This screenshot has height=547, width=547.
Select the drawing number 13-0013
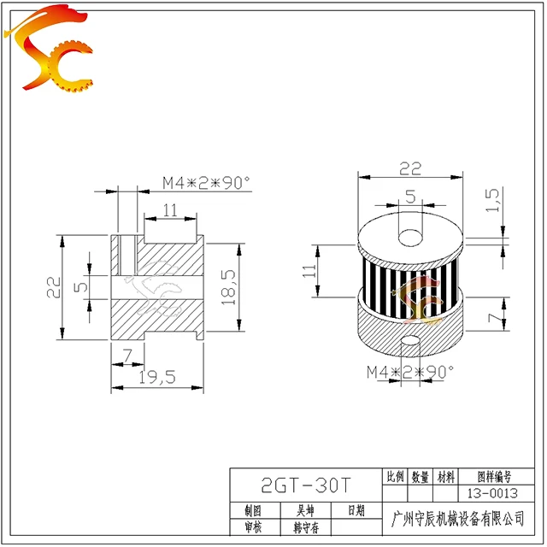[x=492, y=493]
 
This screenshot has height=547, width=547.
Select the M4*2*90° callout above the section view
[x=206, y=181]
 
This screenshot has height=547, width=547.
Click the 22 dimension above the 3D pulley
[x=409, y=168]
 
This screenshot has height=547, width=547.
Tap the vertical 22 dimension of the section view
[x=52, y=286]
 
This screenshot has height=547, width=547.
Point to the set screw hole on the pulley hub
[x=411, y=343]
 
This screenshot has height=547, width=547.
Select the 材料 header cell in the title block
[x=445, y=477]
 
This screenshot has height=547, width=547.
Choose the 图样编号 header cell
[x=492, y=477]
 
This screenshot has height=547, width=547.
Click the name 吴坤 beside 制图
[x=306, y=510]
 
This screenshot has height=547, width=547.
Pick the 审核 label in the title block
[x=253, y=527]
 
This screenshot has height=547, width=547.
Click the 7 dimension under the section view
[x=127, y=354]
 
